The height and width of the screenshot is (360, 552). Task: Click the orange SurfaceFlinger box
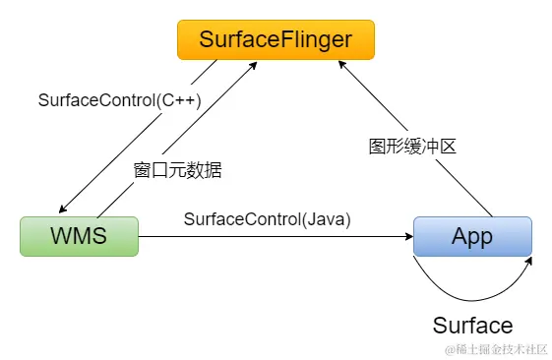pos(275,39)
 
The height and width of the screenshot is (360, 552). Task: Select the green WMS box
pos(79,237)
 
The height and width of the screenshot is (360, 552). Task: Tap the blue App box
pos(472,237)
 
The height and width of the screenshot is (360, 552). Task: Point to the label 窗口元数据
pos(178,169)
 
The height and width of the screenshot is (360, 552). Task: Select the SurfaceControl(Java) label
pos(267,218)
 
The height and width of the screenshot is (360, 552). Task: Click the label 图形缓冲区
pos(413,146)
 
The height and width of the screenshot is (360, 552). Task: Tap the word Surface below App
pos(472,326)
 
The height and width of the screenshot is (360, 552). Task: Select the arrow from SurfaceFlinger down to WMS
pos(138,138)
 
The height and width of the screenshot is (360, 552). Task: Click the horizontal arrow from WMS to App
pos(276,237)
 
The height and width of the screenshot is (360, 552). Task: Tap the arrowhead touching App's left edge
pos(407,237)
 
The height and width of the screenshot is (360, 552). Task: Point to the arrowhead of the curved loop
pos(529,261)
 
